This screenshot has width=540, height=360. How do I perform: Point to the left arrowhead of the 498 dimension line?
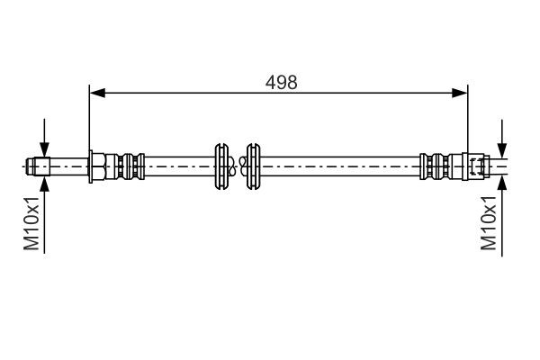pyautogui.click(x=96, y=91)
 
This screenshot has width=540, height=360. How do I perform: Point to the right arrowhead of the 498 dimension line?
pyautogui.click(x=462, y=91)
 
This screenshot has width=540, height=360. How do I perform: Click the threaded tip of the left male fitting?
pyautogui.click(x=38, y=166)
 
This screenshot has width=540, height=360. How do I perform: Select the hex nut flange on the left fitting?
pyautogui.click(x=95, y=166)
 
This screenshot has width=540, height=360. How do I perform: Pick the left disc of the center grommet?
pyautogui.click(x=220, y=166)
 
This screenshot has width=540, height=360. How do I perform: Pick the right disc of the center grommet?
pyautogui.click(x=253, y=166)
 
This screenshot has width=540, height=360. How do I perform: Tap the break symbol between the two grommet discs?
pyautogui.click(x=237, y=166)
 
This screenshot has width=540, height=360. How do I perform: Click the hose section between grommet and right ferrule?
pyautogui.click(x=342, y=166)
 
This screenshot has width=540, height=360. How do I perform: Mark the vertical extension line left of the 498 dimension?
pyautogui.click(x=90, y=117)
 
